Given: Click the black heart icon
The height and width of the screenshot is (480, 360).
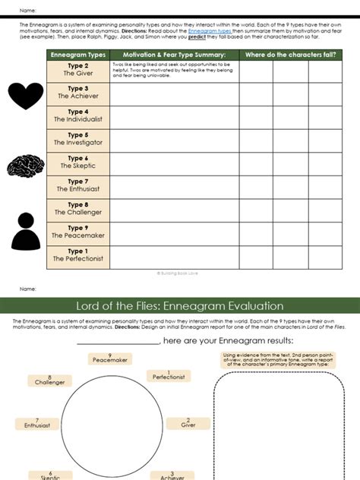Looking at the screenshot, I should tap(27, 95).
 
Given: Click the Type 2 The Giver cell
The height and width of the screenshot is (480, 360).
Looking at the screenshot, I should tap(77, 71).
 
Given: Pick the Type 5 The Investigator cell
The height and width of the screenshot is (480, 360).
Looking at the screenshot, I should tap(77, 140).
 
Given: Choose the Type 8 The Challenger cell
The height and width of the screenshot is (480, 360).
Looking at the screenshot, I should tap(77, 210).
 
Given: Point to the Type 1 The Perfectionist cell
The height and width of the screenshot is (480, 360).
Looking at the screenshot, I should tap(77, 256).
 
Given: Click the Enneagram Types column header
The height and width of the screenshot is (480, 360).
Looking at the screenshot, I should tap(77, 55).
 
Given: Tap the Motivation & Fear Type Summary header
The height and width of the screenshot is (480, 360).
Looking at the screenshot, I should tap(174, 55).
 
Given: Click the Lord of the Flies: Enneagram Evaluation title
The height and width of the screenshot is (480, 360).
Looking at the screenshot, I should tap(180, 306).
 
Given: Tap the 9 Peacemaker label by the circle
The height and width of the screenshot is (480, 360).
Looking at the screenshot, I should tap(109, 358).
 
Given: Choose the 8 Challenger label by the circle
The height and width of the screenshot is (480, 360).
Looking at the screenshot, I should tap(50, 380).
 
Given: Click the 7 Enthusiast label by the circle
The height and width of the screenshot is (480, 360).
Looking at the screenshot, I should tap(36, 423).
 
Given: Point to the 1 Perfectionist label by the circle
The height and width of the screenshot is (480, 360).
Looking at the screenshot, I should tap(169, 374).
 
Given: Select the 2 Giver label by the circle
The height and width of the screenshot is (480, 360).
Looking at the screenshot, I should tap(188, 423).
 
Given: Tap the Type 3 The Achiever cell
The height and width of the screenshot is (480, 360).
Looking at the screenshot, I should tap(77, 93).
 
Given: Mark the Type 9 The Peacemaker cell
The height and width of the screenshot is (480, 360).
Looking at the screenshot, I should tap(77, 232).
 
